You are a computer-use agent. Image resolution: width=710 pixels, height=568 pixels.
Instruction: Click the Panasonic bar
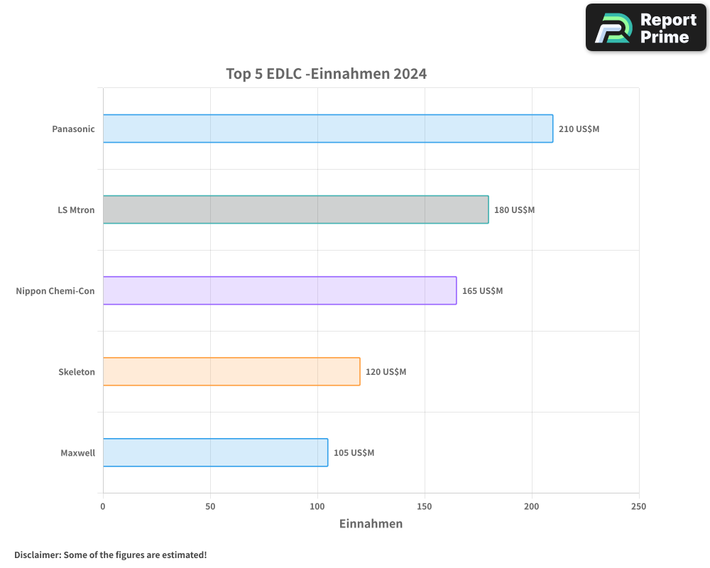click(x=327, y=129)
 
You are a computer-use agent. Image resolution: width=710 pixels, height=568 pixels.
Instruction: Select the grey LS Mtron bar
click(x=295, y=209)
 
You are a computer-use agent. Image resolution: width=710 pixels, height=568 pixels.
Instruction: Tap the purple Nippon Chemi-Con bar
click(x=280, y=290)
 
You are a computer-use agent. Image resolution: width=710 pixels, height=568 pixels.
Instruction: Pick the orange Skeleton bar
click(x=231, y=371)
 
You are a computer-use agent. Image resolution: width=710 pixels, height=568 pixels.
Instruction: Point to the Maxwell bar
click(x=215, y=452)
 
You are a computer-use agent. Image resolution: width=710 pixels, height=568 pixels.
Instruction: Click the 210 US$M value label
click(x=579, y=129)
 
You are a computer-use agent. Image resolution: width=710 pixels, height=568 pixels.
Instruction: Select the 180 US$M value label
click(x=514, y=210)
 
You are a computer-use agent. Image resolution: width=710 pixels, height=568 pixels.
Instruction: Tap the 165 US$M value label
click(x=482, y=291)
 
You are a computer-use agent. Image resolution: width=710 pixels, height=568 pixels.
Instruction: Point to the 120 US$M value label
click(x=386, y=372)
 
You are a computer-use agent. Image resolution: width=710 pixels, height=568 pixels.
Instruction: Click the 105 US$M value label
click(x=354, y=453)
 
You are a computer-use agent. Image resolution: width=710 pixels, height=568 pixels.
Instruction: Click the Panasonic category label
click(x=73, y=129)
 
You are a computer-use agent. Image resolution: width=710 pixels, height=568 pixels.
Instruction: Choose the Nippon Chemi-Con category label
click(x=55, y=291)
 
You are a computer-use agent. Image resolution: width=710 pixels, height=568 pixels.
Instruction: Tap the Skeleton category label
click(x=77, y=372)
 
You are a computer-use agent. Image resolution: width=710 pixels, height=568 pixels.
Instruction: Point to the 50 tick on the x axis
click(x=210, y=506)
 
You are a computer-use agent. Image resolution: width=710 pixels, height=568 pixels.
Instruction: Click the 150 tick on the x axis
click(x=425, y=506)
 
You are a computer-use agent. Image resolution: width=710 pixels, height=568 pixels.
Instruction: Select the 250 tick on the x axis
click(x=638, y=506)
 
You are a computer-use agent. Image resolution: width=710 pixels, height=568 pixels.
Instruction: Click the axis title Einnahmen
click(x=371, y=524)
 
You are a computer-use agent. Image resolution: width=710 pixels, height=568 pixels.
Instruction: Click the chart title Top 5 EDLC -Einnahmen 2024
click(x=326, y=74)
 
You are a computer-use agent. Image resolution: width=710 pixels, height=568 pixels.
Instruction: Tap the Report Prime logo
click(x=645, y=28)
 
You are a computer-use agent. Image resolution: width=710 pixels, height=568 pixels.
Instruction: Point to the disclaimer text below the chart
click(x=110, y=555)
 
